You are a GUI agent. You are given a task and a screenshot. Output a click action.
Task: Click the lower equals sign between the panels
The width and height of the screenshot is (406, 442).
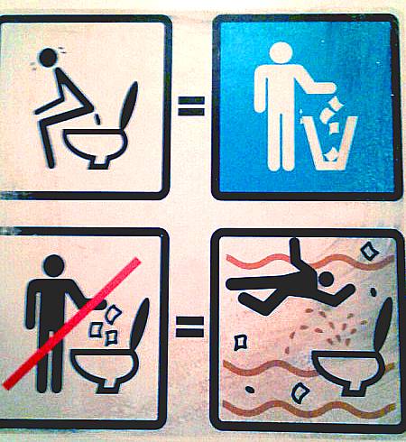tap(189, 326)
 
